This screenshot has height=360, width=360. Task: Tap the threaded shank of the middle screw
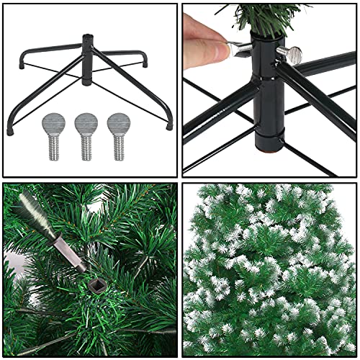click(x=86, y=147)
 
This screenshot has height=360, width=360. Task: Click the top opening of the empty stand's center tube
click(x=88, y=35)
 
